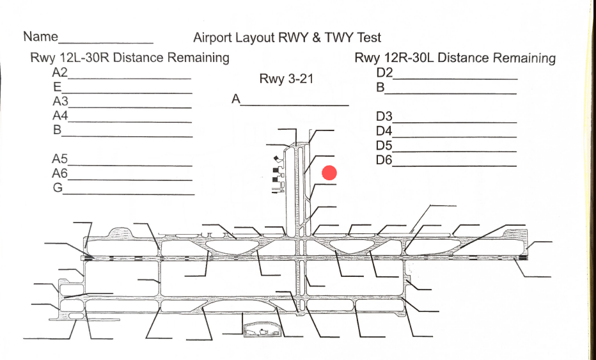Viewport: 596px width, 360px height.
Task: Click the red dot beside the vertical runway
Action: (329, 173)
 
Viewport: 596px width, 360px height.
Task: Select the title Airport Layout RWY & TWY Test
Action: (287, 38)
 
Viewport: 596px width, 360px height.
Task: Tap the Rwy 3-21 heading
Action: (285, 79)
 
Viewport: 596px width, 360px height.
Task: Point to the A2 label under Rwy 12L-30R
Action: (60, 72)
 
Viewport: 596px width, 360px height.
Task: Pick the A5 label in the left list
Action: (60, 159)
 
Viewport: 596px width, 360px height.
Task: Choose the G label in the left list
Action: (58, 188)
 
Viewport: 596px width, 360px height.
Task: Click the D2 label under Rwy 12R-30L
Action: (384, 72)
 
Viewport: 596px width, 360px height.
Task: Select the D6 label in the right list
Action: (384, 160)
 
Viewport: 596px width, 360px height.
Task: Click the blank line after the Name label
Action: (106, 42)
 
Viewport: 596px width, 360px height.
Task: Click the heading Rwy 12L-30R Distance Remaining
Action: (130, 58)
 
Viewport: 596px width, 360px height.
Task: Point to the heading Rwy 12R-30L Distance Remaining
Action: (455, 58)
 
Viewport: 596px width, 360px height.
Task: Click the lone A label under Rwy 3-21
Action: (236, 99)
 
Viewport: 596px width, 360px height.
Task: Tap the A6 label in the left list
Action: (60, 174)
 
